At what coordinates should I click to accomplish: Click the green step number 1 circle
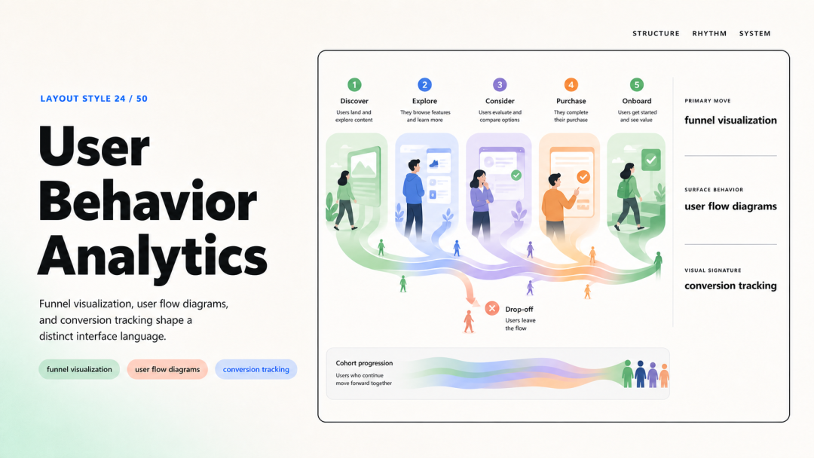[354, 84]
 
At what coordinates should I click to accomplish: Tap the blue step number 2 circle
[424, 84]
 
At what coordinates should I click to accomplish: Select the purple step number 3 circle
[500, 84]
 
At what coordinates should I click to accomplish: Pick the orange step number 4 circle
[571, 84]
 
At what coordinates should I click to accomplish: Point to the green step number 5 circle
[637, 84]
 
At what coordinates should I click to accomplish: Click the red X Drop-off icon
[492, 309]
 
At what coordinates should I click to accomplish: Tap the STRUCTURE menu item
[656, 33]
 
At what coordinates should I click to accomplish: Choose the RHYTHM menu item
[709, 33]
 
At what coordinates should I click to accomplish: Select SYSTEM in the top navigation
[754, 33]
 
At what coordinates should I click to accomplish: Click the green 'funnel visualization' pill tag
[79, 369]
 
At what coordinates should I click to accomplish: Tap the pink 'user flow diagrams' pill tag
[167, 369]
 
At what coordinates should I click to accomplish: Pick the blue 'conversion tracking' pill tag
[256, 369]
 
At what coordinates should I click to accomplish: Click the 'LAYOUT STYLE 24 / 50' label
[94, 99]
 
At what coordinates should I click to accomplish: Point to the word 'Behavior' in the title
[148, 201]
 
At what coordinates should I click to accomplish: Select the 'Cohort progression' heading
[364, 363]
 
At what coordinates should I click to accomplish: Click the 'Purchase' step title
[571, 101]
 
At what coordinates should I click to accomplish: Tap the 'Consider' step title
[500, 101]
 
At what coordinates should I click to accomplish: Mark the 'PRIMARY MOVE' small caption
[708, 101]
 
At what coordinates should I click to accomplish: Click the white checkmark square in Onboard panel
[651, 160]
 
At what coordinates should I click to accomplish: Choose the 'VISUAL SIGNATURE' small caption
[713, 270]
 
